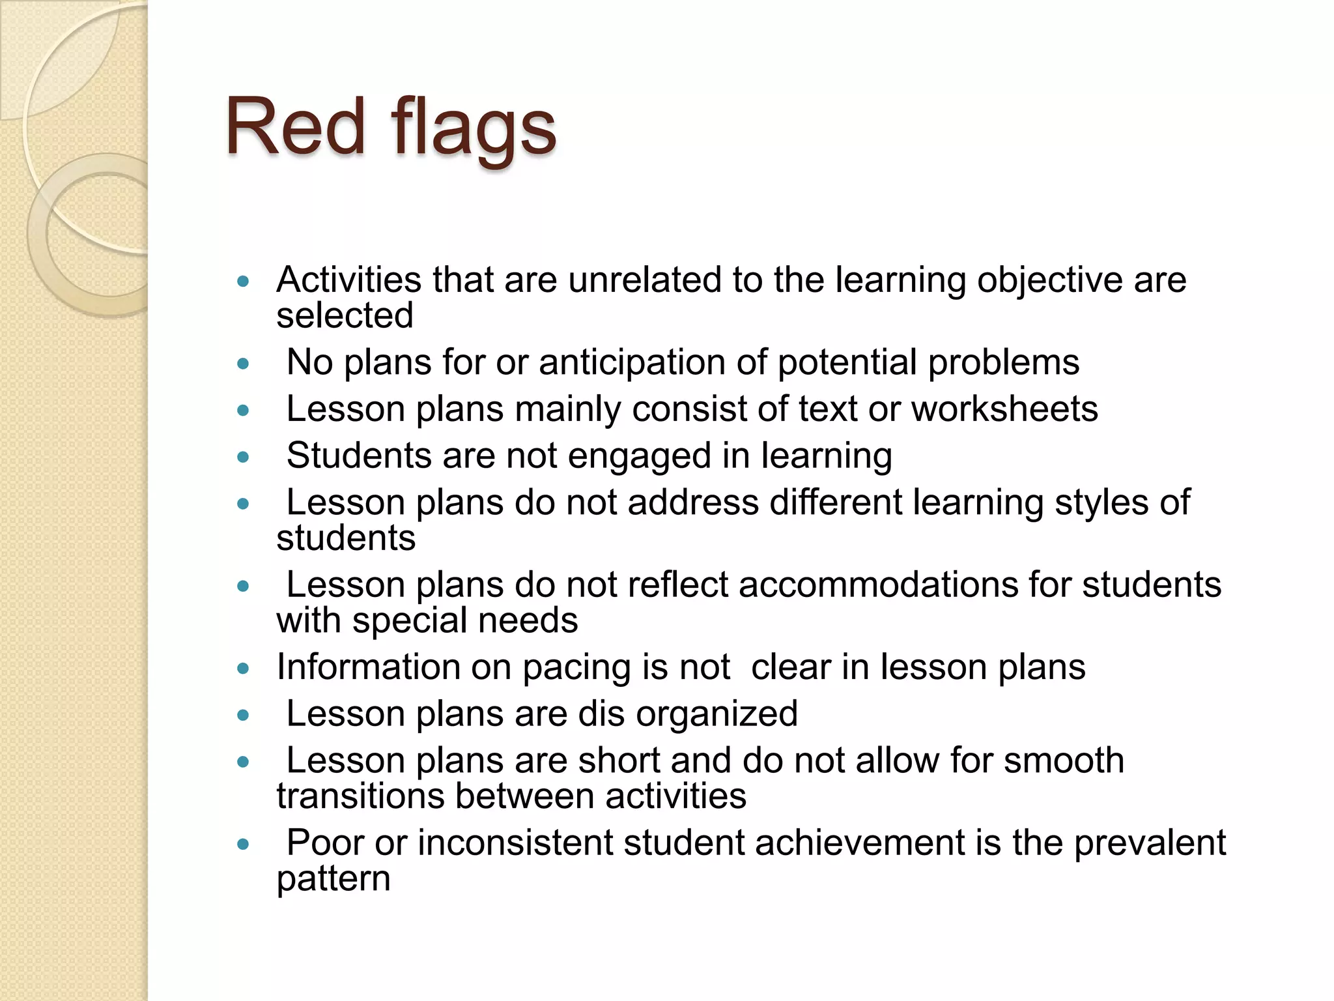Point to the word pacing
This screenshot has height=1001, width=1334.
(576, 668)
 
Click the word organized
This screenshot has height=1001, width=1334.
(717, 714)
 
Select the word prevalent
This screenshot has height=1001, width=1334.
(1150, 843)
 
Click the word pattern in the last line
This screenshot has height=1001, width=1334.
(333, 879)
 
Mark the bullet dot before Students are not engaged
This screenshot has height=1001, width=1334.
(244, 457)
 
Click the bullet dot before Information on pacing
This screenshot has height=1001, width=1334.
(244, 668)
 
